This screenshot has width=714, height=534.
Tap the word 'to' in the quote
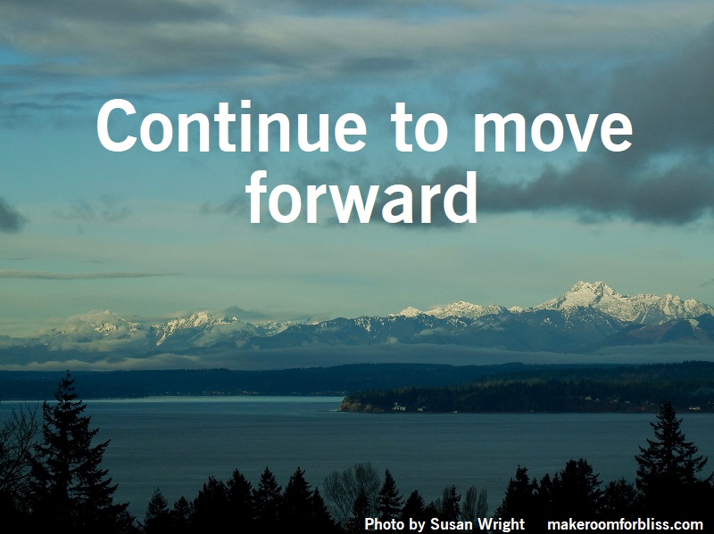419,127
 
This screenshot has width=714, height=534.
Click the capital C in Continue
117,126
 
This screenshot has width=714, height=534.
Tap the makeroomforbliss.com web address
625,524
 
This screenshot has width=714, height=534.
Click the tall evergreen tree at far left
69,450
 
